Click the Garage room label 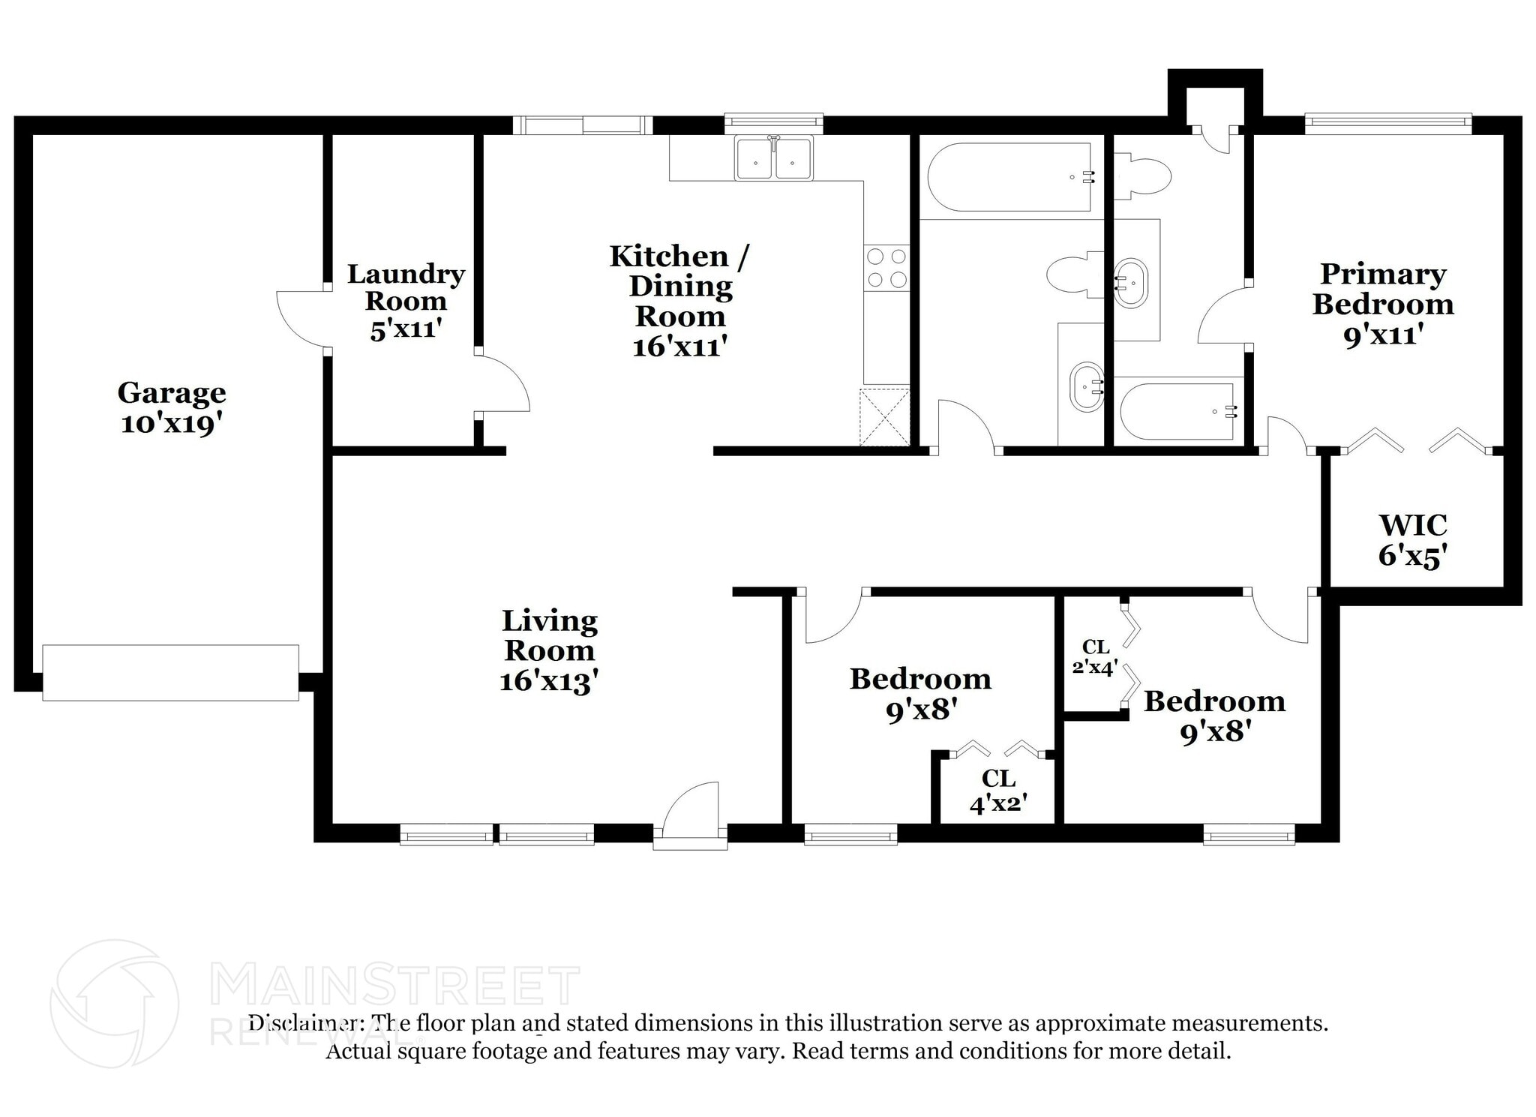coord(172,393)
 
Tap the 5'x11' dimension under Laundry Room coord(404,329)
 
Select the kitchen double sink coord(773,158)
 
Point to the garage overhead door coord(170,673)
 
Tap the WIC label coord(1413,525)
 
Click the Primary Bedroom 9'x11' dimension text coord(1383,335)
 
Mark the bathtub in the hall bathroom coord(1009,177)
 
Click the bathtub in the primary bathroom coord(1176,412)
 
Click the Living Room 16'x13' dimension coord(549,681)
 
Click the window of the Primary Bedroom coord(1387,123)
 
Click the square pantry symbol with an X coord(884,416)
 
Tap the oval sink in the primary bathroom coord(1130,284)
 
